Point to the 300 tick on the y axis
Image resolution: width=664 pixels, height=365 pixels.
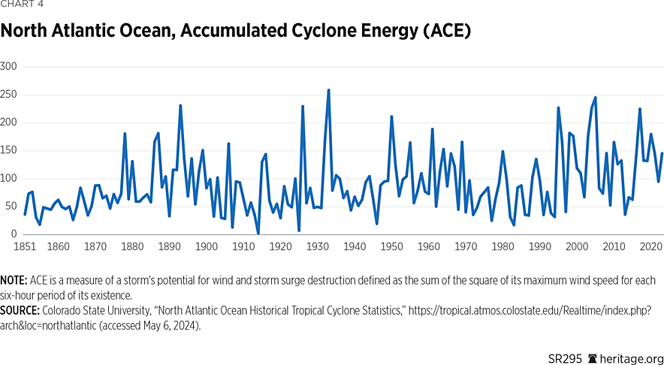pyautogui.click(x=10, y=67)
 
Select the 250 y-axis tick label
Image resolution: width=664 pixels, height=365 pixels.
pyautogui.click(x=10, y=95)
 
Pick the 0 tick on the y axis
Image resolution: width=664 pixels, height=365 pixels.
pyautogui.click(x=14, y=234)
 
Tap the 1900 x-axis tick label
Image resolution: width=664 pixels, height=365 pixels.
pyautogui.click(x=206, y=246)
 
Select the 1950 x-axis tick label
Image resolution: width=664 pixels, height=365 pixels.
pyautogui.click(x=391, y=246)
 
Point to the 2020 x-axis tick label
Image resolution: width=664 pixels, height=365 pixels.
pyautogui.click(x=650, y=246)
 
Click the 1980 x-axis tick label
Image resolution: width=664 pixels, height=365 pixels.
pyautogui.click(x=503, y=246)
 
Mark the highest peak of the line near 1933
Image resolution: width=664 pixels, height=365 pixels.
pyautogui.click(x=328, y=90)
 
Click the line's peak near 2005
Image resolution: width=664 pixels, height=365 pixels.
pyautogui.click(x=595, y=98)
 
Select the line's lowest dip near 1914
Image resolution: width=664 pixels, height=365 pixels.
pyautogui.click(x=258, y=233)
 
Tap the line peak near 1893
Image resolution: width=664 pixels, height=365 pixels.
pyautogui.click(x=180, y=106)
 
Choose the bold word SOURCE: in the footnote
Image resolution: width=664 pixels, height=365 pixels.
pyautogui.click(x=20, y=308)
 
